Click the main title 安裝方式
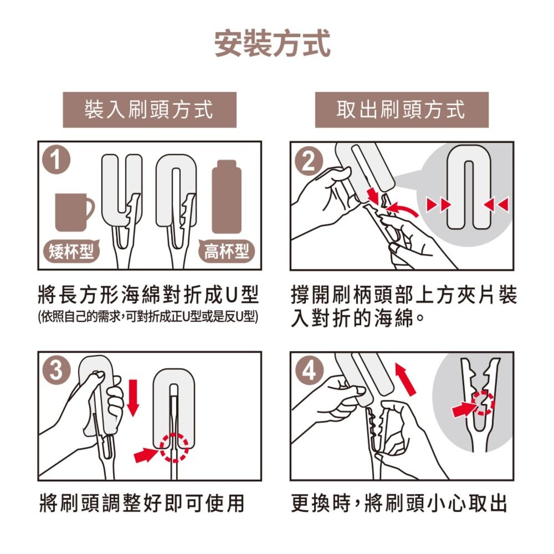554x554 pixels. [273, 44]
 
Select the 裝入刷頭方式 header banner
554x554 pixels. [150, 110]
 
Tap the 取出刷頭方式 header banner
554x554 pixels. [402, 110]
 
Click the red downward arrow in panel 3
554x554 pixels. [132, 397]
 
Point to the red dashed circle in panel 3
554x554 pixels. [175, 447]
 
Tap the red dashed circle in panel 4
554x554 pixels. [483, 403]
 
